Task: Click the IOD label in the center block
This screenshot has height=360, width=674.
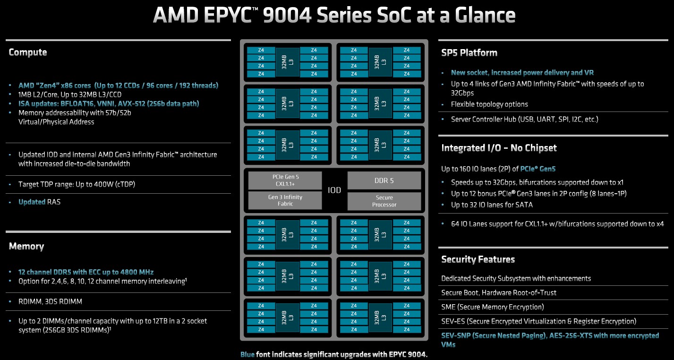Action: click(334, 190)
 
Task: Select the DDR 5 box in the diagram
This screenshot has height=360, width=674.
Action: click(384, 180)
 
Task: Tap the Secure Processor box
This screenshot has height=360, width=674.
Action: click(384, 201)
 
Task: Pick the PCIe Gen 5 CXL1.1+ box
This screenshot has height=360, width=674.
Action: click(285, 180)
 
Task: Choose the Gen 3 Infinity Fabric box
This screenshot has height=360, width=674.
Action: click(285, 200)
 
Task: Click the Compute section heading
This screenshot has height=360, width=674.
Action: click(28, 52)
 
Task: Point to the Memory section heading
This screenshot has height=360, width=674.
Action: click(26, 247)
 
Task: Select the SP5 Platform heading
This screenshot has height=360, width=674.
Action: click(469, 53)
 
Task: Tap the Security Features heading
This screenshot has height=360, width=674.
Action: click(478, 259)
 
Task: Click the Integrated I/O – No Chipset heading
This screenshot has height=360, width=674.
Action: click(499, 148)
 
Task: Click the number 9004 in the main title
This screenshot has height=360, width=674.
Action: click(287, 15)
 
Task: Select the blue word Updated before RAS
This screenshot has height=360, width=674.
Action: click(32, 202)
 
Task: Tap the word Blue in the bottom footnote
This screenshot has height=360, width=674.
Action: click(247, 355)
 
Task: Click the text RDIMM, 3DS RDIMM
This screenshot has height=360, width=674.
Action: click(50, 301)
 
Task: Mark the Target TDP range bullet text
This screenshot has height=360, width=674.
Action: click(77, 184)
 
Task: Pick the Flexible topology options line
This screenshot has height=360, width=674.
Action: click(489, 104)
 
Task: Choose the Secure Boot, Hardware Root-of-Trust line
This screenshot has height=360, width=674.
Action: click(499, 293)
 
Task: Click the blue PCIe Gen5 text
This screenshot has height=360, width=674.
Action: click(537, 169)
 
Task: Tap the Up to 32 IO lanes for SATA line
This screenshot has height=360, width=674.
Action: click(492, 205)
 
